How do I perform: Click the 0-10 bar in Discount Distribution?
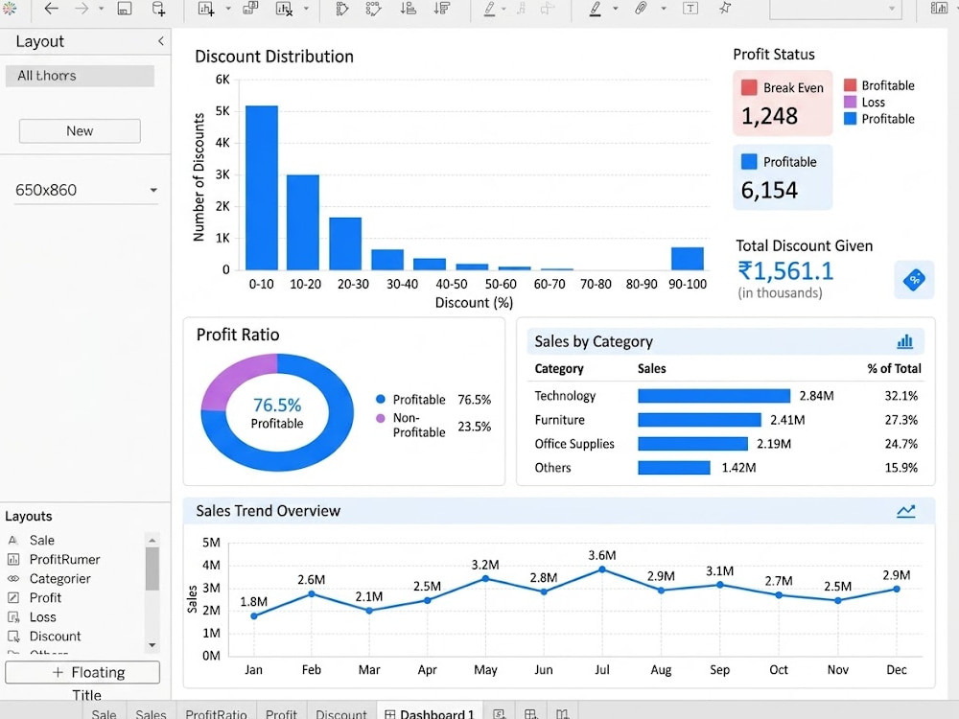(x=262, y=188)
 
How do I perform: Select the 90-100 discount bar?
(x=688, y=259)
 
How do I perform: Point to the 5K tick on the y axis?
(x=222, y=111)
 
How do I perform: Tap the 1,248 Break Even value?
(x=769, y=116)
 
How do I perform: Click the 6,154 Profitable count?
(x=769, y=190)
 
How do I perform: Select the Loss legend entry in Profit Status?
(x=865, y=103)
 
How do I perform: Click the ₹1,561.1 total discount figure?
(x=786, y=271)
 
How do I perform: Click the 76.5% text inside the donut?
(x=277, y=405)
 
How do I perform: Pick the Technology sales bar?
(x=713, y=396)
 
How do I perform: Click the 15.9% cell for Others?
(x=901, y=468)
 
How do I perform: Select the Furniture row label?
(x=560, y=420)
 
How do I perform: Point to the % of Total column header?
(x=894, y=369)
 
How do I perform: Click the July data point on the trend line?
(x=602, y=569)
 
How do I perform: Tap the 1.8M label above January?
(x=253, y=602)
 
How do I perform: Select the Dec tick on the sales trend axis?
(x=896, y=669)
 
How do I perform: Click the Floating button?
(x=82, y=673)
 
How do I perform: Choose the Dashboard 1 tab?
(x=430, y=713)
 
